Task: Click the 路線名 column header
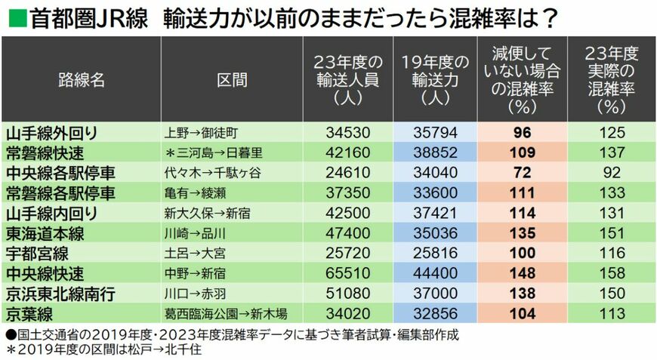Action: (81, 81)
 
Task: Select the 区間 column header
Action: (232, 81)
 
